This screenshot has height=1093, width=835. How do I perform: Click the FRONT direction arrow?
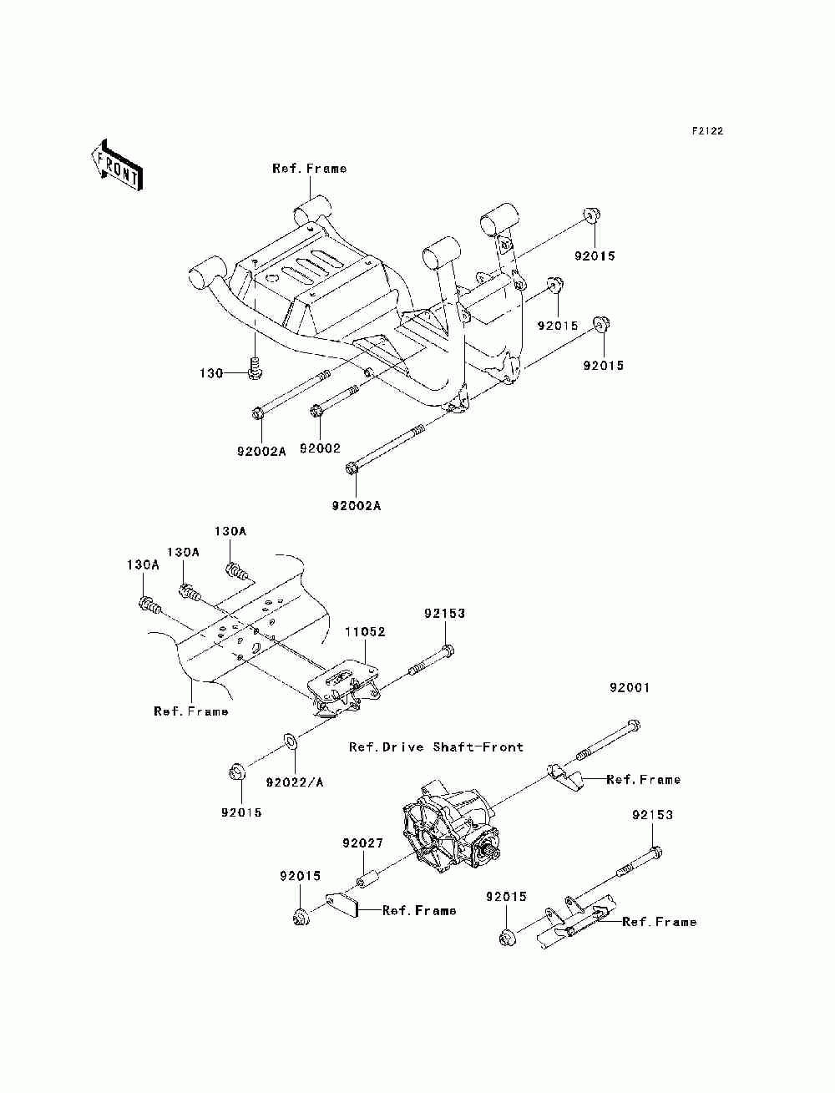pos(117,165)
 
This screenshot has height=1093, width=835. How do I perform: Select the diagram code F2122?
pos(706,131)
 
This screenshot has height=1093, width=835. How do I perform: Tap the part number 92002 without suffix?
pos(320,448)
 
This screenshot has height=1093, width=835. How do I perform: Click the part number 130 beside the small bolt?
pos(211,373)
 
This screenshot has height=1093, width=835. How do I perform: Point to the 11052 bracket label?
pos(365,631)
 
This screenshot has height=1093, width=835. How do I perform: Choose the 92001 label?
pos(630,688)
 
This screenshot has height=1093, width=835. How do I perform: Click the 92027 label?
pos(362,843)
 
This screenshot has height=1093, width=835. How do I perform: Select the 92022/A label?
pos(295,782)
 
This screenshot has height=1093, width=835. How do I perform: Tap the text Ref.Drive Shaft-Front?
pos(436,747)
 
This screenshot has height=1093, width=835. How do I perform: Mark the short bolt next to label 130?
pos(255,367)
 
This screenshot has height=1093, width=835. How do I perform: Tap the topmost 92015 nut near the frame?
pos(591,215)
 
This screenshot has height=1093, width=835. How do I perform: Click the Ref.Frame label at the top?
pos(309,169)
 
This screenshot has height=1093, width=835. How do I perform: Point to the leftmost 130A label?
pos(143,564)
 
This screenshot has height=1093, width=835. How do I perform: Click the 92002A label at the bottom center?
pos(356,506)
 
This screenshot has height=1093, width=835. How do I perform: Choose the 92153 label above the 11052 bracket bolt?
pos(444,614)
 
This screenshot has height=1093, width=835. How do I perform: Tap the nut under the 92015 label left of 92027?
pos(301,917)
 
